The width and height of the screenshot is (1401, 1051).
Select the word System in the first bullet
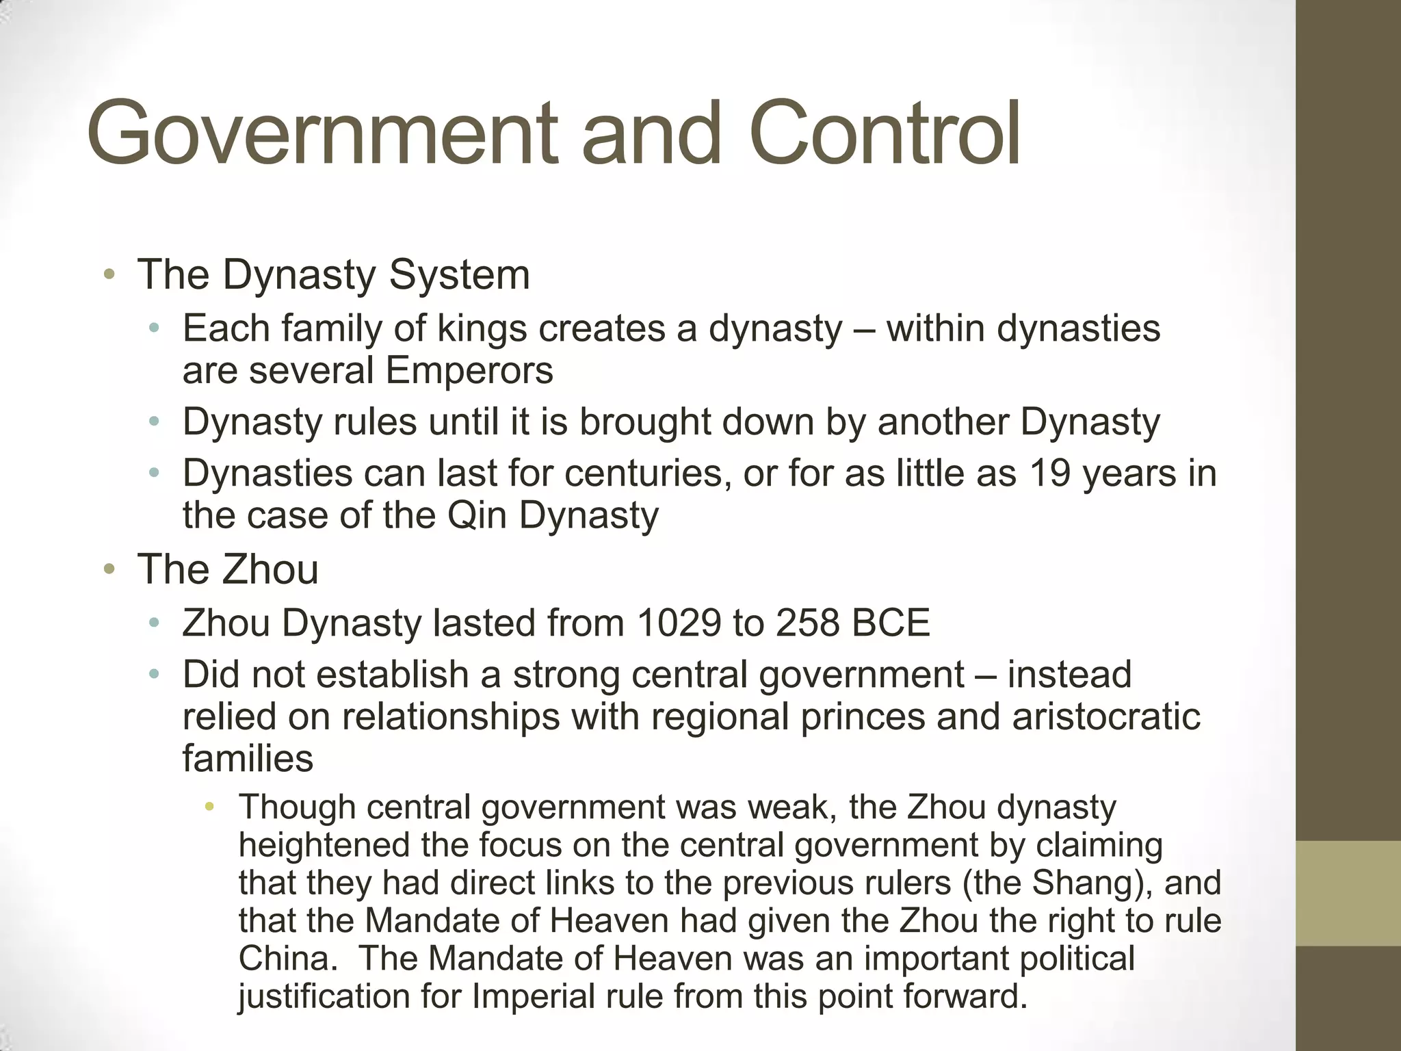coord(460,275)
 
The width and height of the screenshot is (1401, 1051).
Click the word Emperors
coord(469,371)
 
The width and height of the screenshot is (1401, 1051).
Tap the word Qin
coord(478,515)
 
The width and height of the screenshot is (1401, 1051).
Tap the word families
coord(248,759)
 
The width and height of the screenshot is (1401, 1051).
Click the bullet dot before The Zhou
coord(109,570)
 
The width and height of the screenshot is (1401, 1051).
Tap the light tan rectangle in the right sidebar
coord(1348,894)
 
